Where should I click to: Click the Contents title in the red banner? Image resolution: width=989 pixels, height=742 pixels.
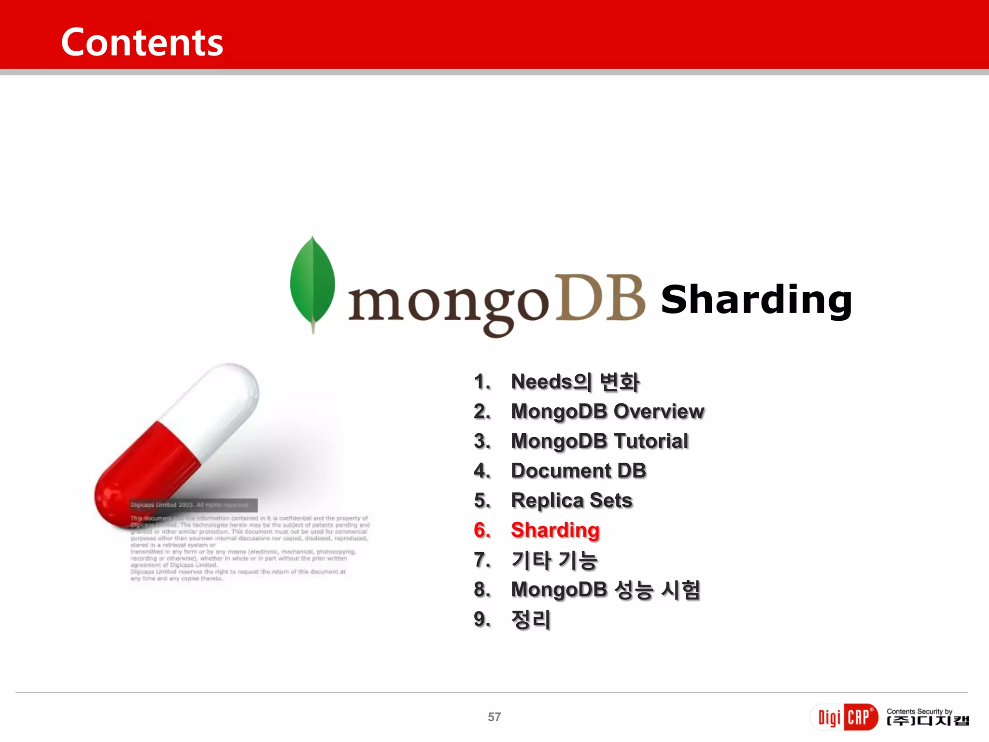[x=142, y=43]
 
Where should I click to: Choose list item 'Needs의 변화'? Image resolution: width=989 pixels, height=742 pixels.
[x=575, y=382]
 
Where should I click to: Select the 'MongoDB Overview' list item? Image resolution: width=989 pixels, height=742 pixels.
[x=608, y=412]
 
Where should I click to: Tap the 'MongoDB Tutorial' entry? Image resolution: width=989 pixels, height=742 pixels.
[x=599, y=441]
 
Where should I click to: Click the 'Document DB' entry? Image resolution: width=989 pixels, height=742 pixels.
[x=579, y=471]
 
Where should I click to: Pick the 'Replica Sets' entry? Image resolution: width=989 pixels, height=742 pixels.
[x=572, y=500]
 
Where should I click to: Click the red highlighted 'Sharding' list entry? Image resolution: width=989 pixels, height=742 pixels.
[x=555, y=530]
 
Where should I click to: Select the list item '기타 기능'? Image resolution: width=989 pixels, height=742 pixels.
[x=554, y=560]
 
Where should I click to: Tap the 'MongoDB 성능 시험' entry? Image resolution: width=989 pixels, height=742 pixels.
[x=606, y=590]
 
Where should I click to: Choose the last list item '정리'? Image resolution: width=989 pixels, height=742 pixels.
[x=531, y=620]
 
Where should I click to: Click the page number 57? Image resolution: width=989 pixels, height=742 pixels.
[x=494, y=717]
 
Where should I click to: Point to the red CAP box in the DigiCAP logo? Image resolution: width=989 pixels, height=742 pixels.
[x=860, y=717]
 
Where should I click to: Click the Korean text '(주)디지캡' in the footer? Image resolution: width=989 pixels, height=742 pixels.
[x=928, y=721]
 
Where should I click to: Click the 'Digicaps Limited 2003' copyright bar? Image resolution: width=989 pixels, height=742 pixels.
[x=193, y=505]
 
